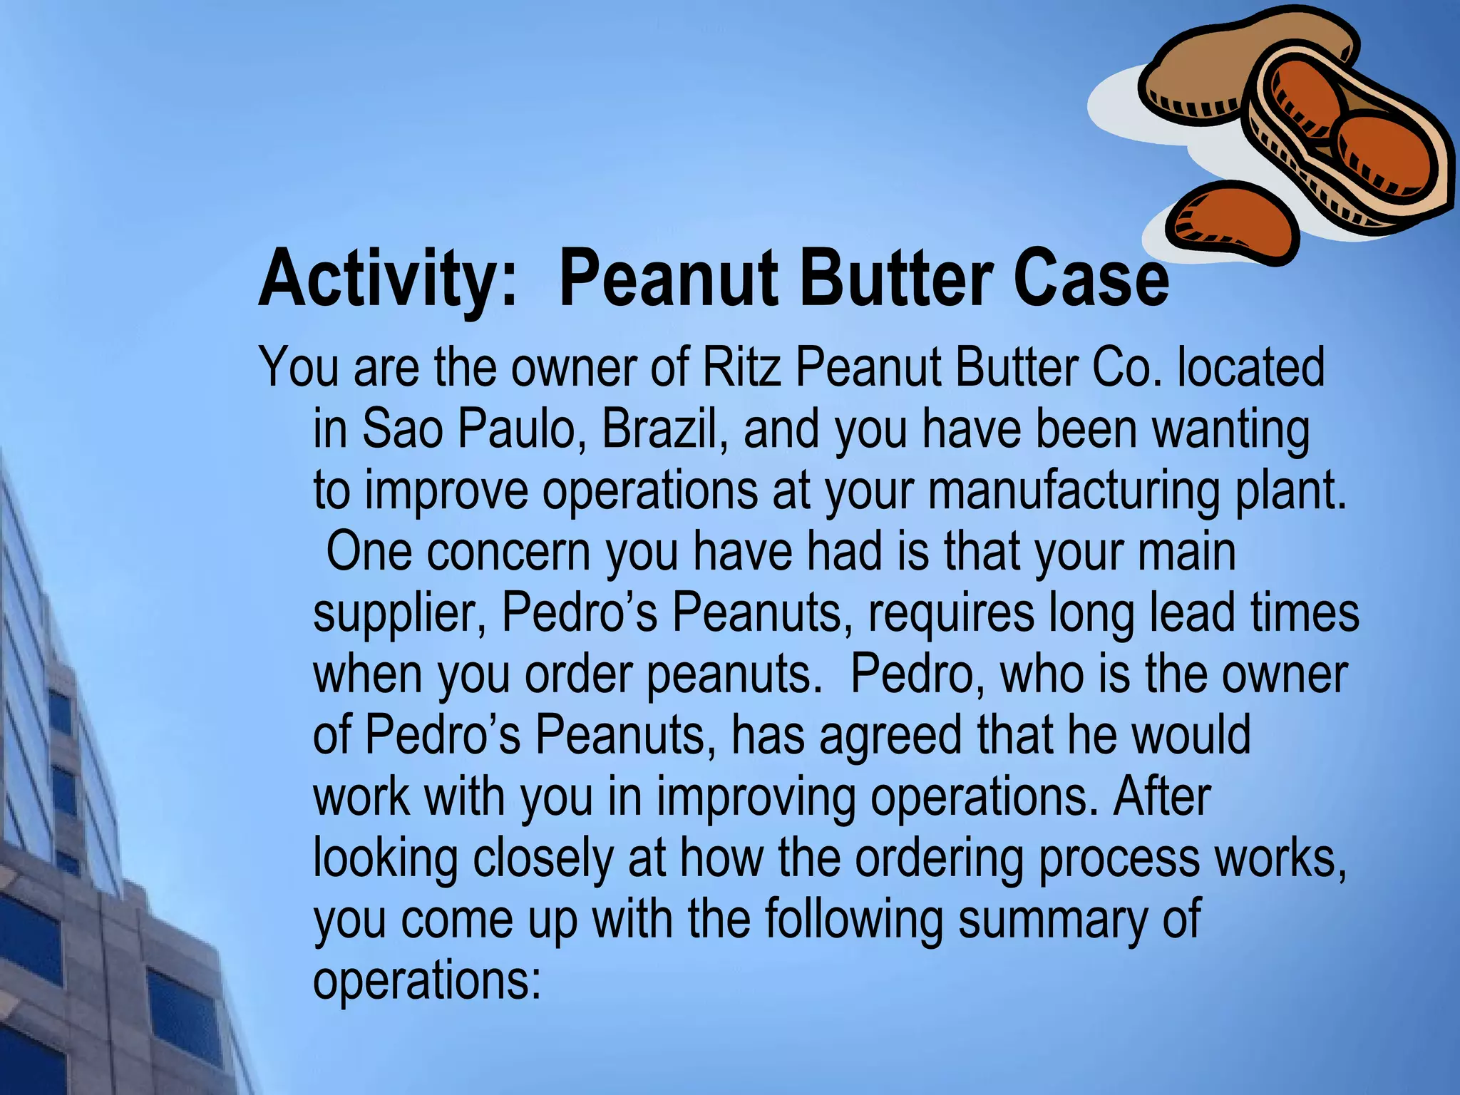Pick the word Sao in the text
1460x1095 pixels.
point(402,429)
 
